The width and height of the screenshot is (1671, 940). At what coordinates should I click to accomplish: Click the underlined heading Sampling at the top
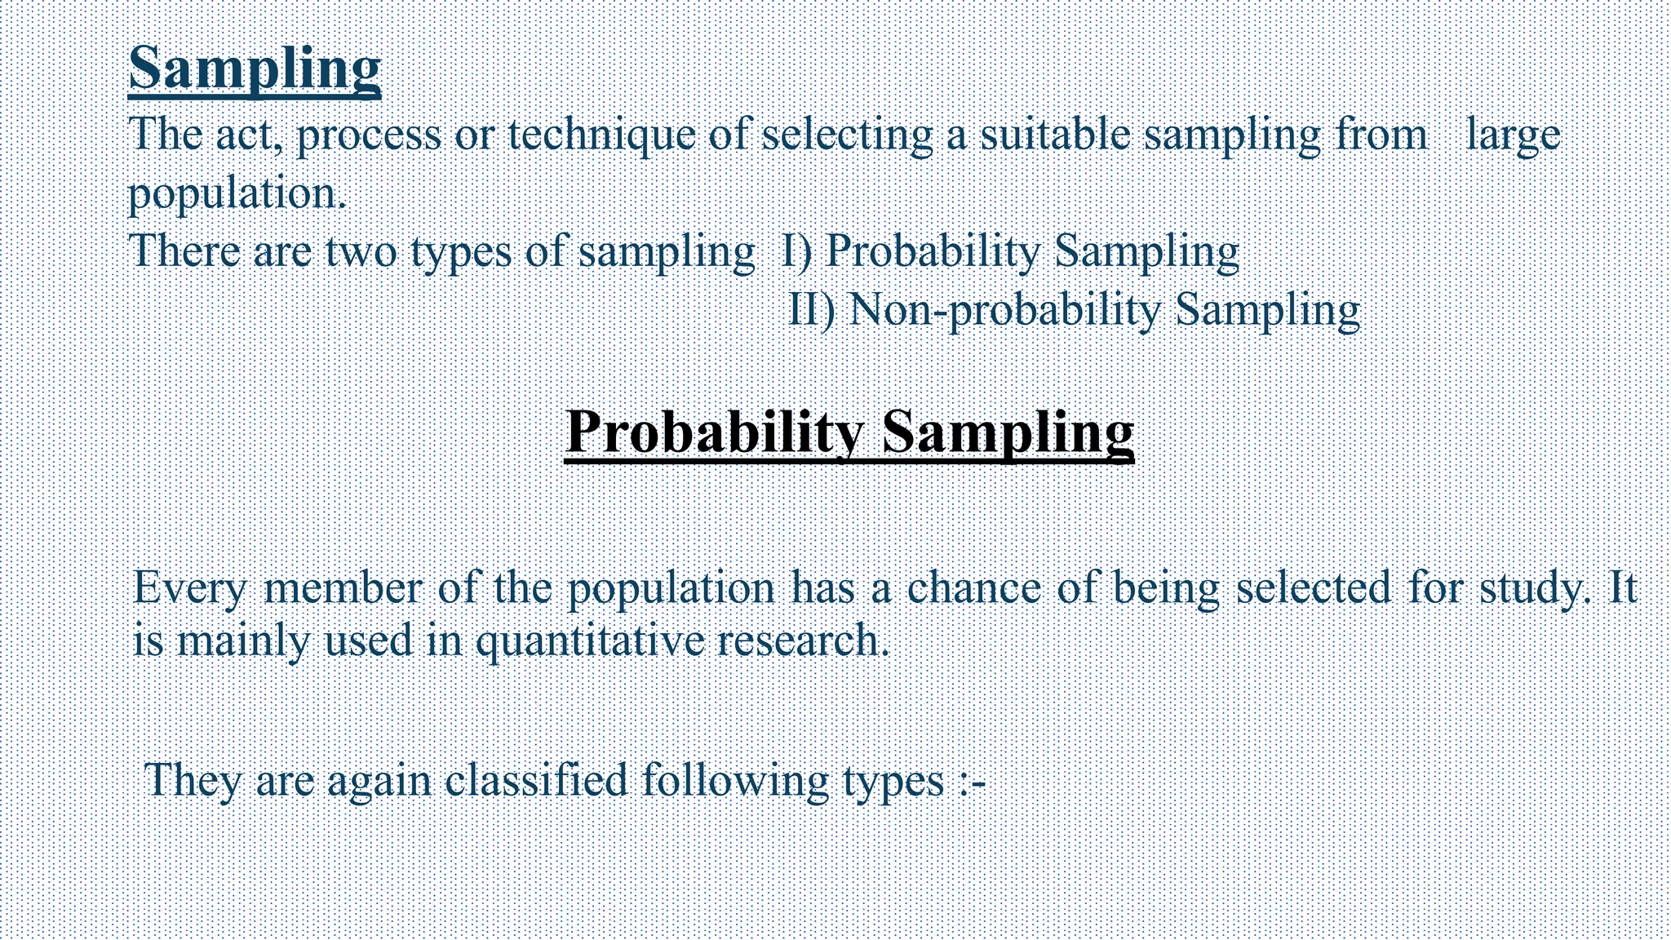[255, 69]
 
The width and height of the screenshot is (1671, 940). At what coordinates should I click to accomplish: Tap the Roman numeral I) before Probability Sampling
[796, 251]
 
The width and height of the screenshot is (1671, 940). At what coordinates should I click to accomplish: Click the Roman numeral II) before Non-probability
[812, 310]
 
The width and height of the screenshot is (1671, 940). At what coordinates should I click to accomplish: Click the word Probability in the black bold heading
[715, 433]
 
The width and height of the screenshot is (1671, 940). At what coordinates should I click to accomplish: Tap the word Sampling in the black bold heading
[1008, 433]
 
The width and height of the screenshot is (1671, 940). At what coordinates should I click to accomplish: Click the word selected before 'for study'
[1314, 587]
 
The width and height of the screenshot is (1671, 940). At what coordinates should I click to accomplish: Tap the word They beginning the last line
[193, 782]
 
